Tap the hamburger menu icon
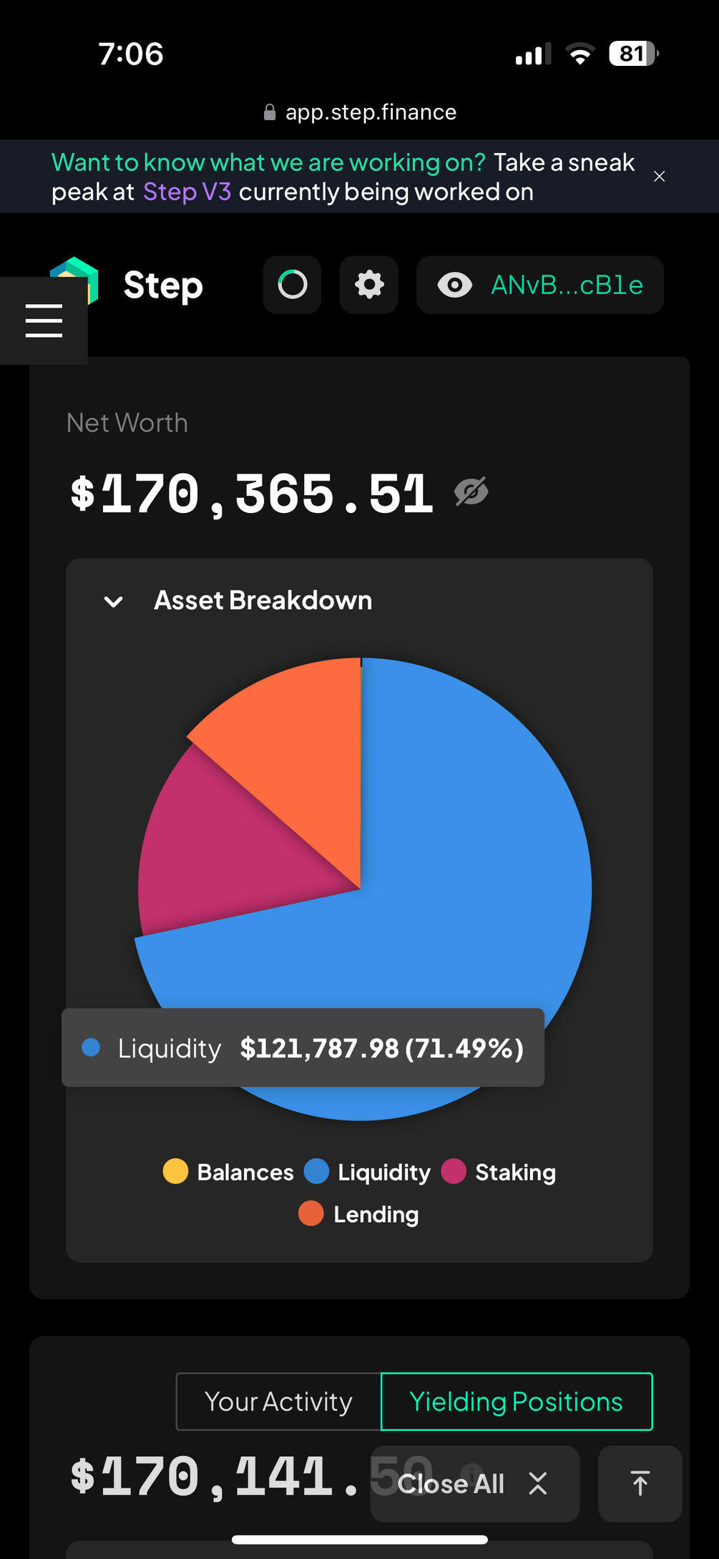[44, 320]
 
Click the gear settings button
[369, 285]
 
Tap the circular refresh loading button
[292, 285]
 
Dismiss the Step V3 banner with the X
[660, 177]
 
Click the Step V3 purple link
[187, 192]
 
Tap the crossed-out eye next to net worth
[471, 492]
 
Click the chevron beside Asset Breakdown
[113, 602]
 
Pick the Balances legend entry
[229, 1172]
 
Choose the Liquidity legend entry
[368, 1172]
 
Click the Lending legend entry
[359, 1214]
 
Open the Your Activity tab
[278, 1402]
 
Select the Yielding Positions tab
[517, 1402]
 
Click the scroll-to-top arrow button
[640, 1484]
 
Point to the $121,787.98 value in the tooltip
[319, 1048]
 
